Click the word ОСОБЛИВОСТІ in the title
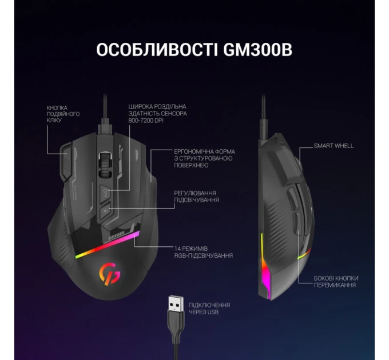coord(157,50)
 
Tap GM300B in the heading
coord(257,50)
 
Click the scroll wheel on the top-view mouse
coord(105,165)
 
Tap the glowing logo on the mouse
coord(110,273)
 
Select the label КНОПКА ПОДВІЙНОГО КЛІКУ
coord(63,114)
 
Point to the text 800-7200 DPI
coord(146,121)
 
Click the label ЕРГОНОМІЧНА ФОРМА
coord(204,151)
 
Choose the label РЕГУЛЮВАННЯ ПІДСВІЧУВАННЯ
coord(196,197)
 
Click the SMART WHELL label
coord(334,146)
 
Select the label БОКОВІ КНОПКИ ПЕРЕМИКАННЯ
coord(336,282)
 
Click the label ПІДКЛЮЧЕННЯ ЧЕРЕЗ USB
coord(209,308)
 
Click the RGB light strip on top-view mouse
coord(108,245)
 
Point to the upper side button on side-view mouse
coord(292,198)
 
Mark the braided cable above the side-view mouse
coord(263,117)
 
